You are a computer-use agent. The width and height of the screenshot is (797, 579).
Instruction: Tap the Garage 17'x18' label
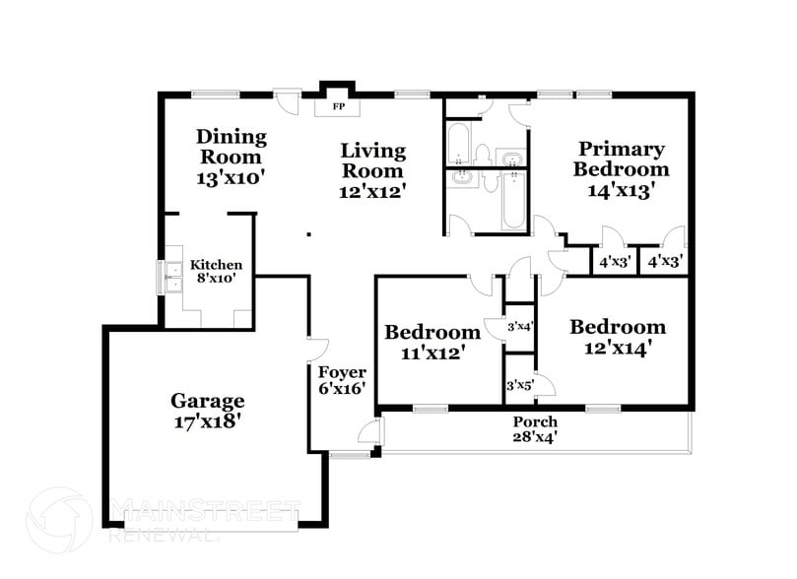point(207,411)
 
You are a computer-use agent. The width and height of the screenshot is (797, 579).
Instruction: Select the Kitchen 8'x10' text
point(216,272)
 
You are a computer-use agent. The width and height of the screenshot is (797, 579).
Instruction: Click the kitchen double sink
point(171,277)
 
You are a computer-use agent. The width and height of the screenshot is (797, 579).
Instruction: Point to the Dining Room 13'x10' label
point(231,157)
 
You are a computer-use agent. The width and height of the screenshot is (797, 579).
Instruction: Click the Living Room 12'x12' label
point(372,170)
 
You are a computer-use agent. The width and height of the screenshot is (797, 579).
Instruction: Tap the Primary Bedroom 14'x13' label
point(621,169)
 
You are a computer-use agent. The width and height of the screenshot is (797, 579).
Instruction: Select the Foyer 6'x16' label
point(342,380)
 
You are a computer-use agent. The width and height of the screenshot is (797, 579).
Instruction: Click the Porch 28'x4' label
point(535,429)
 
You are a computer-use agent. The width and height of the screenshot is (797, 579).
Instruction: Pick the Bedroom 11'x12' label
point(432,341)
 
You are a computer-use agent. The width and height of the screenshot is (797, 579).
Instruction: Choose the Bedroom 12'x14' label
point(617,337)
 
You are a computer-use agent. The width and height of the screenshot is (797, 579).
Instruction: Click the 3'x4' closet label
point(519,326)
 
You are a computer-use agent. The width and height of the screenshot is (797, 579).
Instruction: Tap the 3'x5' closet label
point(518,385)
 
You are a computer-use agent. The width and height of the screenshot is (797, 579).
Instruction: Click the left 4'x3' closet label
point(615,262)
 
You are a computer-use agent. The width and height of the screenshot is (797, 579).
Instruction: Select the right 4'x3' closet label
point(665,262)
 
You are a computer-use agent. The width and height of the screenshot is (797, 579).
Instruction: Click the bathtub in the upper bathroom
point(459,145)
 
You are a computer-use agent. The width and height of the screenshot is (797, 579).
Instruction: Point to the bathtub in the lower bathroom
point(513,201)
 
